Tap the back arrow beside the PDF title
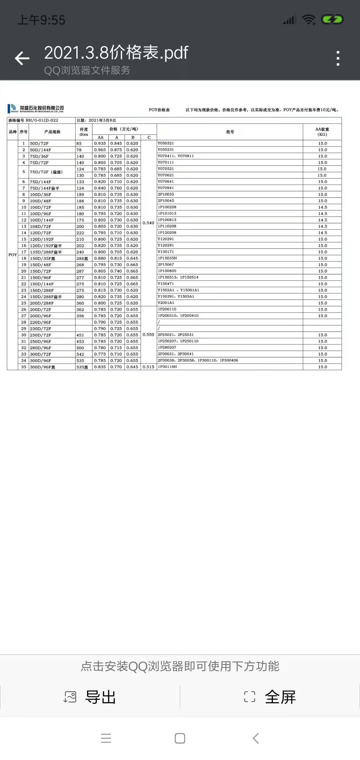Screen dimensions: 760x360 (22, 58)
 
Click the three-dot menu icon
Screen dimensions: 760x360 (338, 58)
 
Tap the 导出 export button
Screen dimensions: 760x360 (90, 697)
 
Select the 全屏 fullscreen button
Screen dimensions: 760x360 (270, 697)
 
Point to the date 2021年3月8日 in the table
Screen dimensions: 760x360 (102, 120)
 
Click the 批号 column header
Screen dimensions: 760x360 (230, 132)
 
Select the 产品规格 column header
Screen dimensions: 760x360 (52, 132)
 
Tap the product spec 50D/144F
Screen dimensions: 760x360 (40, 150)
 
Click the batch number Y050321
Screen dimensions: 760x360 (166, 143)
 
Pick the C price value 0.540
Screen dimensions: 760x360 (148, 223)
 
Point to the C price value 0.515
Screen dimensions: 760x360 (148, 367)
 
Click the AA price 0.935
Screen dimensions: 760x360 (100, 144)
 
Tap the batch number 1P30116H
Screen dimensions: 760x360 (167, 367)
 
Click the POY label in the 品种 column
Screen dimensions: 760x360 (13, 255)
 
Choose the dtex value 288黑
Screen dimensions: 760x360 (82, 259)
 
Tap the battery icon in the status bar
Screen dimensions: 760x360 (332, 20)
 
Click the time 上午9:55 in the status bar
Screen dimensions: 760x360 (41, 20)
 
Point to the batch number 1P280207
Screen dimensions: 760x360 (167, 348)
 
